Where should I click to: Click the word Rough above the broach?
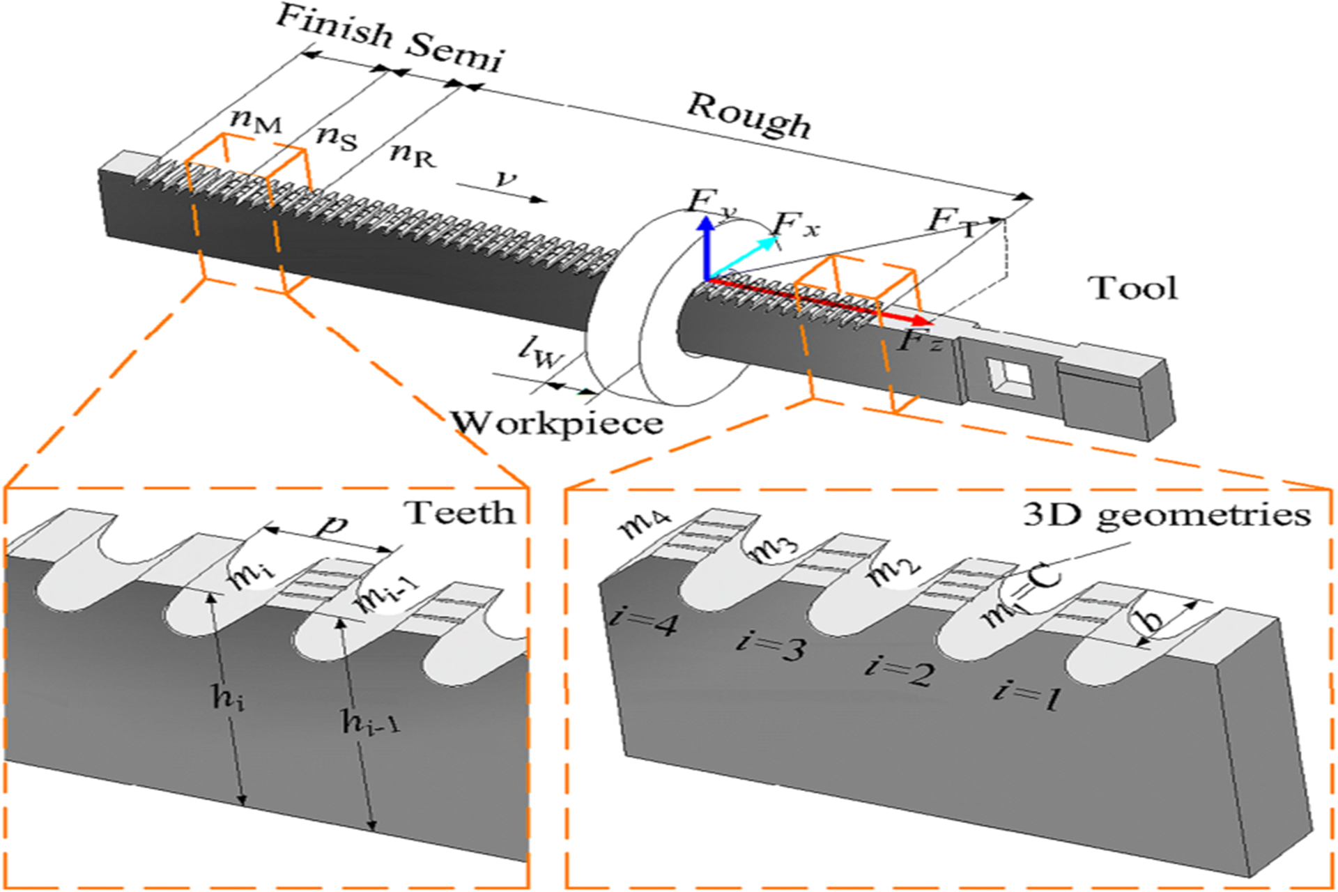(749, 115)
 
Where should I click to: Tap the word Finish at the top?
(334, 28)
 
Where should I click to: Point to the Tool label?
(1133, 288)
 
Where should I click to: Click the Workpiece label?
(556, 422)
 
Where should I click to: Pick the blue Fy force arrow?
(707, 247)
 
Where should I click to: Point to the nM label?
(256, 123)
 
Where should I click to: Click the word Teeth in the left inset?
(461, 514)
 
